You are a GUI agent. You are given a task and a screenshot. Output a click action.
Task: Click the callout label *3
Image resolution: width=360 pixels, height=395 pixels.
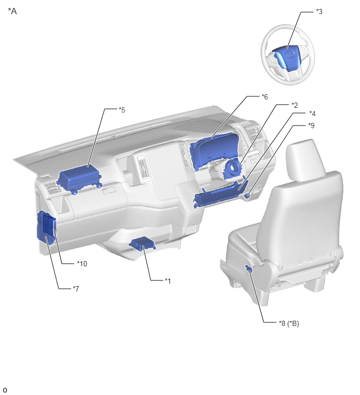pos(319,12)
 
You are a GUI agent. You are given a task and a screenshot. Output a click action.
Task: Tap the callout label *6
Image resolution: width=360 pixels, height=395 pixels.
pos(265,96)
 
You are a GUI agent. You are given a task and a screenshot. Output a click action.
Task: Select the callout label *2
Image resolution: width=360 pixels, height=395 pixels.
pos(295,105)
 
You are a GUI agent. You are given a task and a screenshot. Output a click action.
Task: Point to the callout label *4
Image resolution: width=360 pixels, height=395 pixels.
pos(312,114)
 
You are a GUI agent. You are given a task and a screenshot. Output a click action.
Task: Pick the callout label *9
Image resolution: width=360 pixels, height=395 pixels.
pos(311,125)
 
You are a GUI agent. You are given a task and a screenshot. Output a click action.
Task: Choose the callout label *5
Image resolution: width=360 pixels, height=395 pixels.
pos(122,110)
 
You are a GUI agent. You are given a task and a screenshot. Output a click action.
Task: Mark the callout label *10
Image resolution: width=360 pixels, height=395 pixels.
pos(82,264)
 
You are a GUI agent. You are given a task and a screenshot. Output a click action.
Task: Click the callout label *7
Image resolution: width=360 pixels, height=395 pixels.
pos(76,288)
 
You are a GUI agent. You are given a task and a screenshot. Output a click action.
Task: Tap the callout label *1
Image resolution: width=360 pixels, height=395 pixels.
pos(168,280)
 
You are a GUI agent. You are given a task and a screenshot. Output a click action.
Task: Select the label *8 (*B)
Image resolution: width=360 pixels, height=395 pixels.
pos(289,323)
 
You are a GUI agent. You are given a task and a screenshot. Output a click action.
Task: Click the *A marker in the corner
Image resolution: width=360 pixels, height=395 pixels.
pos(13,11)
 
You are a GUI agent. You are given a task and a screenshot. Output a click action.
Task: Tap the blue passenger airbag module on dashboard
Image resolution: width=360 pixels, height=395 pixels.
pos(80,179)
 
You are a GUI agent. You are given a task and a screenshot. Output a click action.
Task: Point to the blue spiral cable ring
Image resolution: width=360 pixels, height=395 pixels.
pos(232,170)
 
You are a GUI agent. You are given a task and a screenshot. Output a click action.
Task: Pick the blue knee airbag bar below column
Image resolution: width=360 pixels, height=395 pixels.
pos(219,194)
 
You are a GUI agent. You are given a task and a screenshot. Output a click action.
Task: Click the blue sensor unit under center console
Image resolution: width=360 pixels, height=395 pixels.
pos(142,243)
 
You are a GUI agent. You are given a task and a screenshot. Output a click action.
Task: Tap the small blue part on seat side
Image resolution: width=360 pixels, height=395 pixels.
pos(249,268)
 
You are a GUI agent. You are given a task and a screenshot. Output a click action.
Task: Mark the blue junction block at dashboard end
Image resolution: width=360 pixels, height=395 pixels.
pos(47,228)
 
